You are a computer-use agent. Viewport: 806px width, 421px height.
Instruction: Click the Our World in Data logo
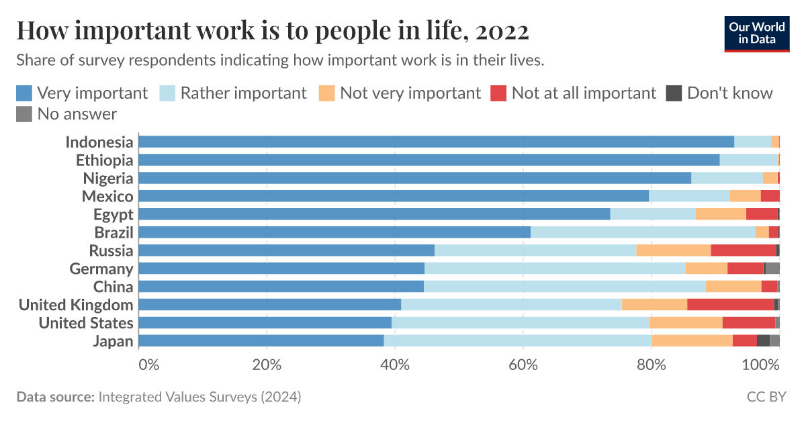coord(756,33)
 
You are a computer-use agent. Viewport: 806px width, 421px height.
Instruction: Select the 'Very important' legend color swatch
coord(24,93)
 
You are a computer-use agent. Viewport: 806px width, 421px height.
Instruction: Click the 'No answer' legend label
coord(77,114)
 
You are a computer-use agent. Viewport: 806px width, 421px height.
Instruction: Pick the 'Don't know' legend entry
coord(719,93)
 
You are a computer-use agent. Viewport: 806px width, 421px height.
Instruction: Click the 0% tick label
coord(148,365)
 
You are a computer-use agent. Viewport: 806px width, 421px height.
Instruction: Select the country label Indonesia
coord(99,142)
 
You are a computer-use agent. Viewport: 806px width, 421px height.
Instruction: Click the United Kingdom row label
coord(76,305)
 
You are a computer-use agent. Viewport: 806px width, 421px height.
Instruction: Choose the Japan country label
coord(113,341)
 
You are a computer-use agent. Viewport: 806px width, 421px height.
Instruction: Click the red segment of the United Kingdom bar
coord(730,305)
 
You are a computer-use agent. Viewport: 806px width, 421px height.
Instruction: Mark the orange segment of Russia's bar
coord(673,250)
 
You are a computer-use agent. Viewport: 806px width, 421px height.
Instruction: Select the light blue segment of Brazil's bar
coord(643,232)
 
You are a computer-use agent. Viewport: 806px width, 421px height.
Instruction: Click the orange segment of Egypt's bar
coord(721,214)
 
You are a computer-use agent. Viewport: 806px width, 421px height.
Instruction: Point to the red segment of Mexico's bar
coord(770,196)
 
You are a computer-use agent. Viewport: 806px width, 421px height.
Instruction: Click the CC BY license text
coord(766,397)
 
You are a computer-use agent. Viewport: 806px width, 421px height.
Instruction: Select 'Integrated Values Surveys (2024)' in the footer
coord(199,397)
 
